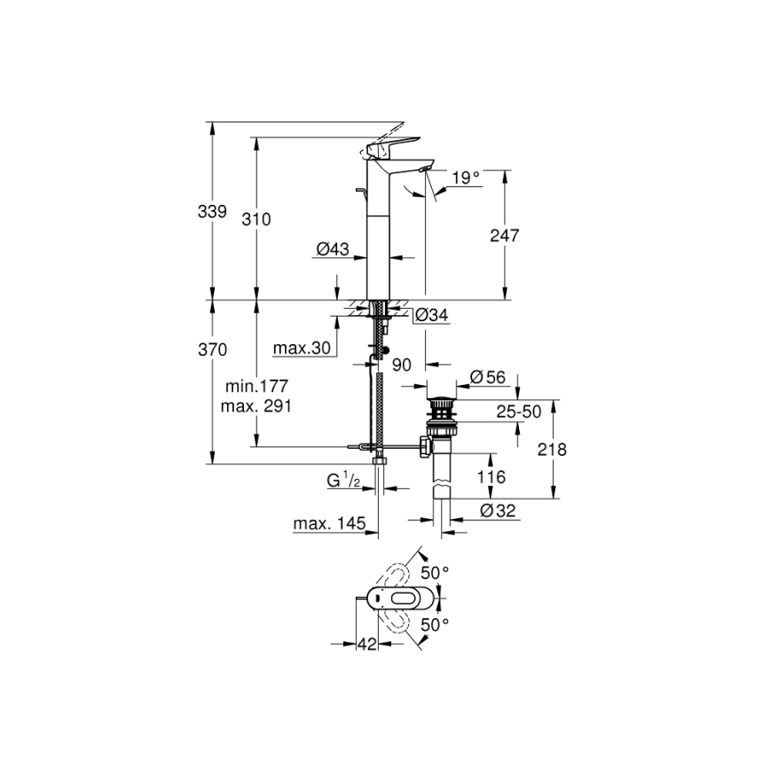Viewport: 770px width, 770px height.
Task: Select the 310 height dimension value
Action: pyautogui.click(x=256, y=218)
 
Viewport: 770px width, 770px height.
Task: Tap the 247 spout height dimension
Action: pyautogui.click(x=503, y=235)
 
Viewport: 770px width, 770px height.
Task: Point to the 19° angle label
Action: pyautogui.click(x=465, y=177)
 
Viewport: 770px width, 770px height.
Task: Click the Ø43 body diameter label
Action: pyautogui.click(x=332, y=250)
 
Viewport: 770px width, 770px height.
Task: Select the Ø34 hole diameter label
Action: pyautogui.click(x=431, y=314)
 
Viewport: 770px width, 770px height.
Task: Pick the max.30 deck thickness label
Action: pyautogui.click(x=302, y=349)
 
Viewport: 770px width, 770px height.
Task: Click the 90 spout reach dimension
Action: pyautogui.click(x=402, y=364)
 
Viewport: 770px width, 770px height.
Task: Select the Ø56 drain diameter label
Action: pyautogui.click(x=487, y=377)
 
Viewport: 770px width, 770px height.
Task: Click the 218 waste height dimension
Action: pyautogui.click(x=554, y=450)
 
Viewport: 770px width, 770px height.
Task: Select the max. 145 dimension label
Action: pyautogui.click(x=330, y=524)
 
